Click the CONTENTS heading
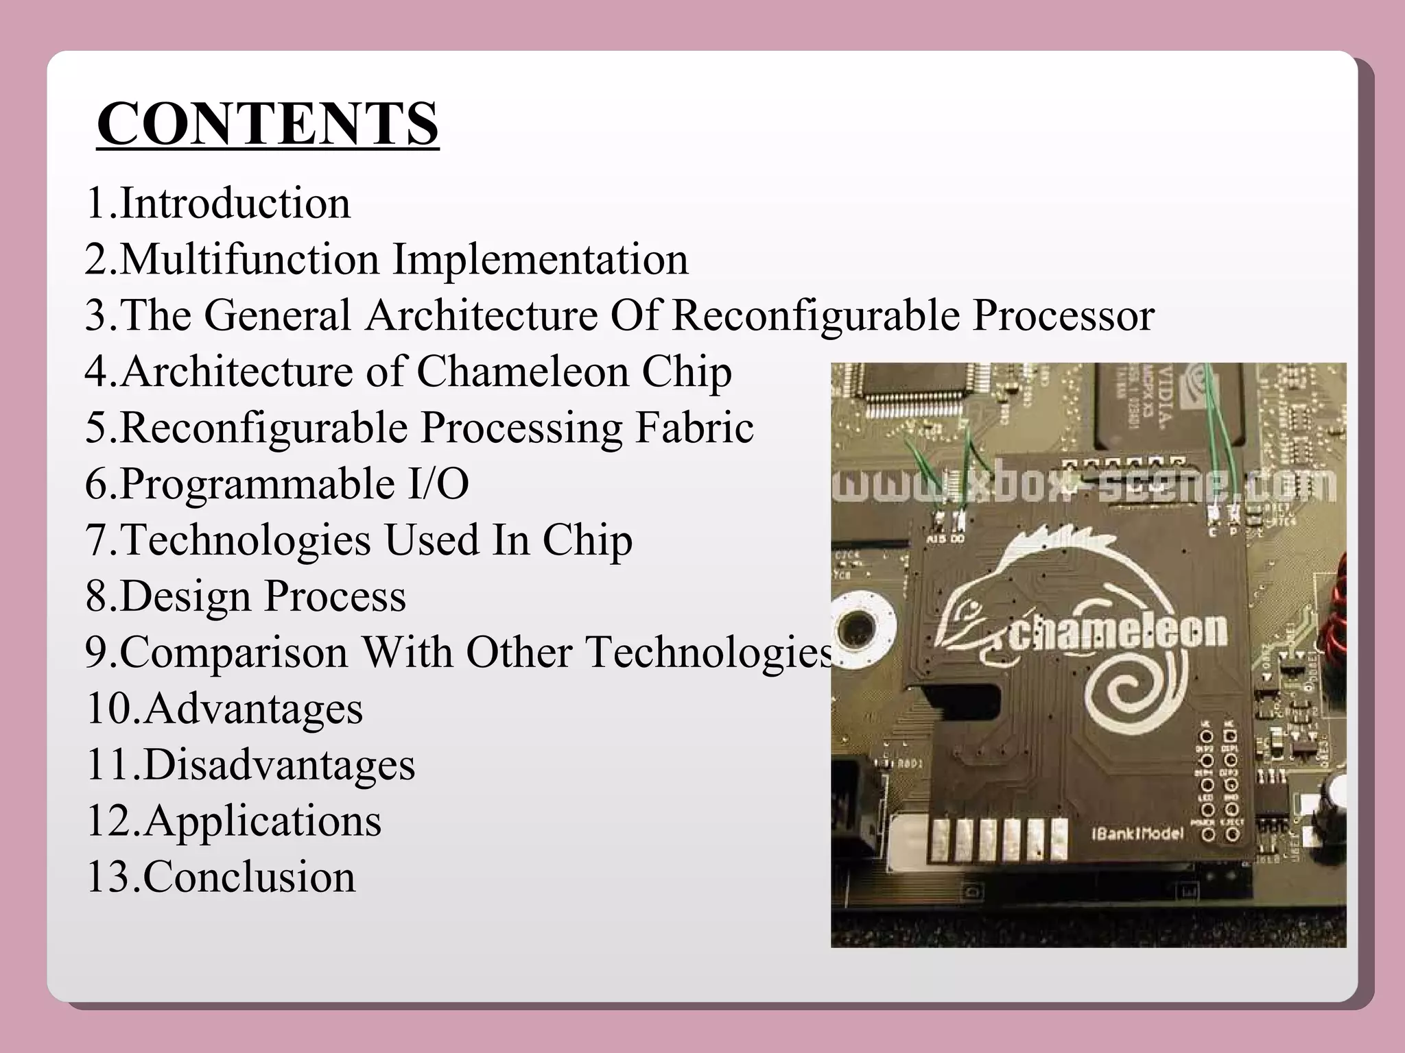pos(268,124)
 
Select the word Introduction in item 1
pos(235,204)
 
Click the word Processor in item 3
pos(1063,316)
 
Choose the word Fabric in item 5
pos(694,428)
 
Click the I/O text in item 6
pos(438,484)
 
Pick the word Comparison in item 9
pos(234,653)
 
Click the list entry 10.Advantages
pos(224,708)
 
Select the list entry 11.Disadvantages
pos(250,764)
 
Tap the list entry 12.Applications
pos(234,821)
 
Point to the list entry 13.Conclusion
pos(221,877)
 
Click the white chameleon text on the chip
pos(1118,631)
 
